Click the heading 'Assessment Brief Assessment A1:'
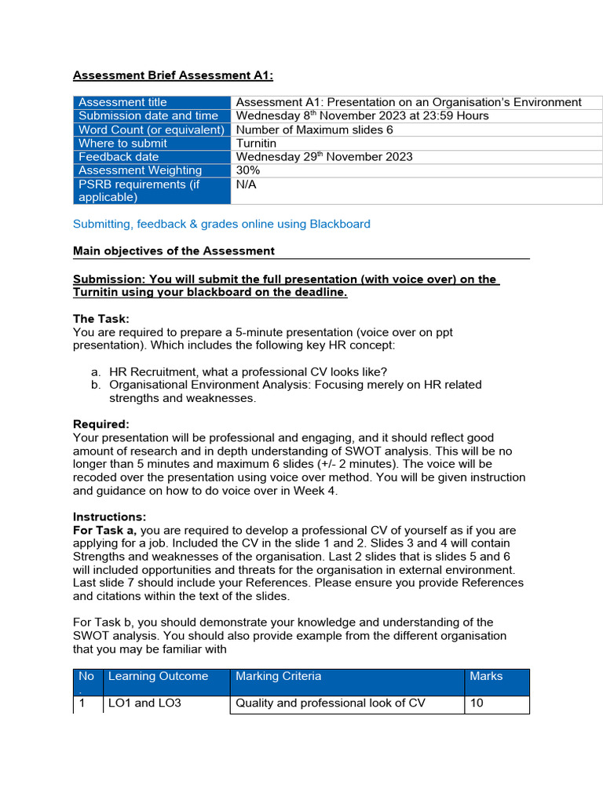pos(173,75)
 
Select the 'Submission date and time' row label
pos(148,115)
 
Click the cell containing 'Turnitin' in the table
pos(256,143)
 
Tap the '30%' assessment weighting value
pos(248,170)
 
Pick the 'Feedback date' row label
pos(119,156)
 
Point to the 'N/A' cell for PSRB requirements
pos(247,184)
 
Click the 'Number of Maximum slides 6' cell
pos(314,130)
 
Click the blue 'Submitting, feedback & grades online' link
pos(221,224)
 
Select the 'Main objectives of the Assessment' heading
pos(174,250)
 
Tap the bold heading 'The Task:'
pos(101,319)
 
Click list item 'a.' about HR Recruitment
pos(247,371)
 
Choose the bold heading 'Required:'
pos(101,424)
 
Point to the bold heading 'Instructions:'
pos(110,517)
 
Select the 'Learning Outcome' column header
pos(158,676)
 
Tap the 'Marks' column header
pos(486,676)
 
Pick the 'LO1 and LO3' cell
pos(144,703)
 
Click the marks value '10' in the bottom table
pos(477,703)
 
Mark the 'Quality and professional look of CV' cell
pos(331,703)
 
